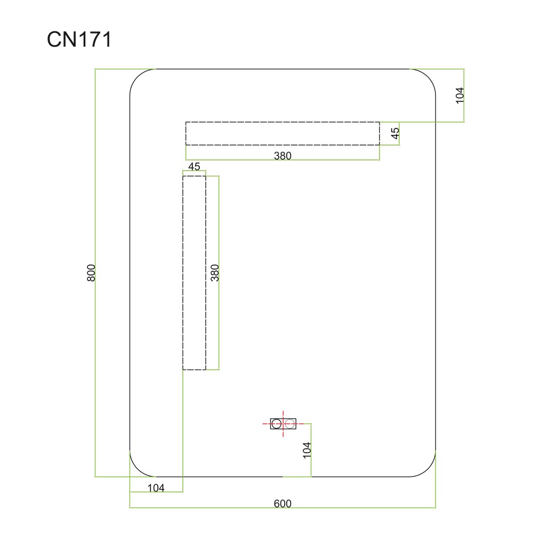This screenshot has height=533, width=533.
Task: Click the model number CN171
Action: point(79,39)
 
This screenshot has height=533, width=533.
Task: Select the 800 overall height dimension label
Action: point(91,272)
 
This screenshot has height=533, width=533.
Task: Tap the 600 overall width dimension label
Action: point(282,504)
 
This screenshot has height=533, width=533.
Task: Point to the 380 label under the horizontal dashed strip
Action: point(282,156)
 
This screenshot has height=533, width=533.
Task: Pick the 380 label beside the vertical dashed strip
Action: point(215,272)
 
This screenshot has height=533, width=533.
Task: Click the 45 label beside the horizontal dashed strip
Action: point(395,133)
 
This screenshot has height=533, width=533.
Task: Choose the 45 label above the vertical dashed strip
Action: point(194,166)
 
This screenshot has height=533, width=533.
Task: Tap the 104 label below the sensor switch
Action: point(307,450)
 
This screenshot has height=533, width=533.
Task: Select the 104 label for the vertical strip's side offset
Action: point(156,488)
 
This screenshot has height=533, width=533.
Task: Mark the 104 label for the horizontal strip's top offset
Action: point(459,95)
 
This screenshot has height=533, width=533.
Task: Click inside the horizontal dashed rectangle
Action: point(282,134)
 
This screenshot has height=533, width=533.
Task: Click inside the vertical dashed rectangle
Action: point(194,272)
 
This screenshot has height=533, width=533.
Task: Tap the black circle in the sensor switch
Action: point(276,424)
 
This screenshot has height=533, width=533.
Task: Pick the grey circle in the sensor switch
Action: point(289,424)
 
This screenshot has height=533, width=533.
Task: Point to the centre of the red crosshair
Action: point(283,424)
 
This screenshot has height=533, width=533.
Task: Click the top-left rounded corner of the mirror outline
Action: point(138,76)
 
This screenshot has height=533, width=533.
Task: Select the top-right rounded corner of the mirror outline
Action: point(428,76)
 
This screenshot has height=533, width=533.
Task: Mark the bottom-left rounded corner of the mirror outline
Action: point(138,469)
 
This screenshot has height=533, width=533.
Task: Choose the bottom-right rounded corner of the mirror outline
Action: point(428,469)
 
